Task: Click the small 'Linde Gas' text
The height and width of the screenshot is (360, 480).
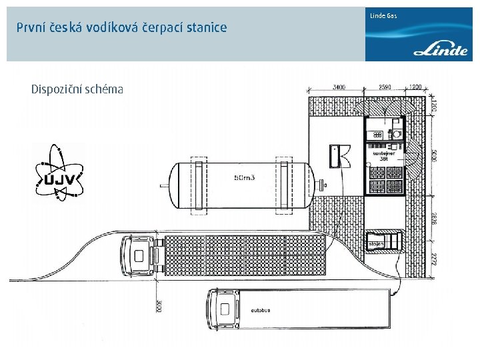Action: (x=384, y=15)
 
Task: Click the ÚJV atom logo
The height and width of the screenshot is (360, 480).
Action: (x=59, y=173)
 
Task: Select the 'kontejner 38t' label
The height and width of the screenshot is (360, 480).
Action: (x=383, y=156)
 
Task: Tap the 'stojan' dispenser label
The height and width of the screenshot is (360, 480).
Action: (x=375, y=245)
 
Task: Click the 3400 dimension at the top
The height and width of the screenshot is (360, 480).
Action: (x=339, y=87)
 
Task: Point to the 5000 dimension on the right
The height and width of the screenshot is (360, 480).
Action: (x=434, y=155)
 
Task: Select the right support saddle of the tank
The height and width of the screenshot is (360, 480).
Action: (x=285, y=184)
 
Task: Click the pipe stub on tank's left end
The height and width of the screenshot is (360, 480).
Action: (x=163, y=184)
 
